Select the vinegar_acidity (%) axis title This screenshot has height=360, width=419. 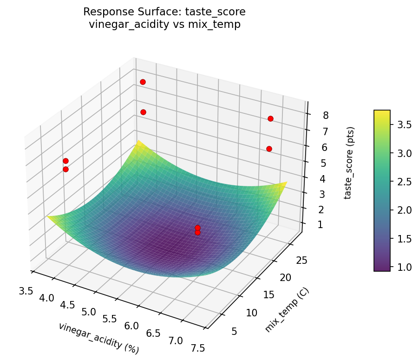click(x=98, y=338)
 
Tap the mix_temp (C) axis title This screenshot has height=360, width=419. click(x=287, y=310)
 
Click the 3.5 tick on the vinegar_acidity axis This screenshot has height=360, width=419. click(x=26, y=291)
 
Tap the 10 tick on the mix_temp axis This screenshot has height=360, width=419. click(x=251, y=313)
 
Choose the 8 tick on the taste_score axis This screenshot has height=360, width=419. click(x=320, y=115)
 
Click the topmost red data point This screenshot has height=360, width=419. click(x=143, y=82)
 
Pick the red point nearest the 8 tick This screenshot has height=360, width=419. click(x=270, y=118)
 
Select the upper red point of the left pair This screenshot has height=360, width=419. click(x=65, y=161)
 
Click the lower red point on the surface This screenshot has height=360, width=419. click(x=197, y=232)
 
